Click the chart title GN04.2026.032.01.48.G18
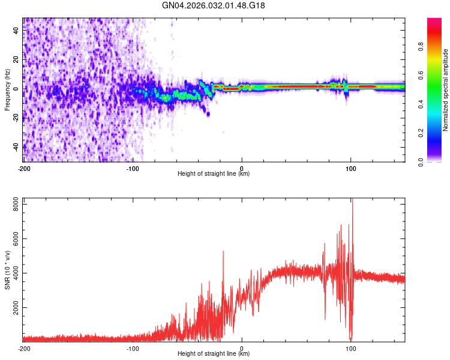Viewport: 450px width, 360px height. [214, 6]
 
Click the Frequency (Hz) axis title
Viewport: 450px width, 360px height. [7, 89]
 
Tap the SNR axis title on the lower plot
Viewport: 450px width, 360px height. [7, 271]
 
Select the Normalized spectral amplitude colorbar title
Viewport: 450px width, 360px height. [446, 90]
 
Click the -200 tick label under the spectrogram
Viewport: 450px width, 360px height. [24, 169]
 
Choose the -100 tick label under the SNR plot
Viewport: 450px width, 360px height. [133, 348]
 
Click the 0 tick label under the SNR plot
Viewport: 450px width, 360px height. [242, 348]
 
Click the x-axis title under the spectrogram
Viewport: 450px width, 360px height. [214, 174]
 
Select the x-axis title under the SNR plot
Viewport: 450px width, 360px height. [214, 354]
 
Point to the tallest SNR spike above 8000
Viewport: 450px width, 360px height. [352, 201]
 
